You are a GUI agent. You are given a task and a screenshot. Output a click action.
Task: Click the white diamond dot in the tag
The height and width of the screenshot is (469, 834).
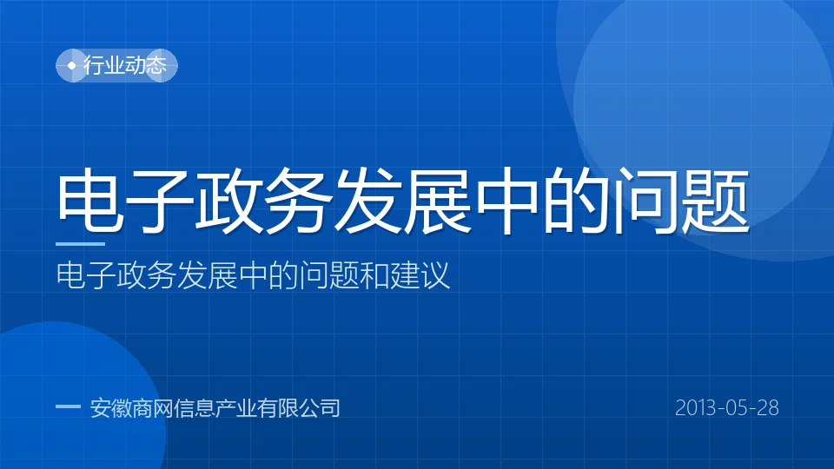pos(72,65)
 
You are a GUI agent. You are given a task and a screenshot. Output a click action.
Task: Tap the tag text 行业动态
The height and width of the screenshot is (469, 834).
pos(125,65)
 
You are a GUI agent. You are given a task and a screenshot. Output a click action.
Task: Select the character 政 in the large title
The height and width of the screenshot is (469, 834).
pos(229,200)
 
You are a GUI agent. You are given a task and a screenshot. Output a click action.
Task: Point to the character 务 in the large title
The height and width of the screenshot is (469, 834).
pos(298,200)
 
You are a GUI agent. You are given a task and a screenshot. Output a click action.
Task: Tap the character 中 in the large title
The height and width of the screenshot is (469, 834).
pos(506,200)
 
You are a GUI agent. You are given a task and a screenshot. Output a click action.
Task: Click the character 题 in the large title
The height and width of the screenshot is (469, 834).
pos(715,200)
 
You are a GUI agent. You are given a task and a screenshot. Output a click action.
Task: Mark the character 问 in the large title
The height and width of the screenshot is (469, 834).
pos(646,200)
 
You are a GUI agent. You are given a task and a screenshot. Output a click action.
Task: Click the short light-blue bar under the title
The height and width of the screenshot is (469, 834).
pos(80,244)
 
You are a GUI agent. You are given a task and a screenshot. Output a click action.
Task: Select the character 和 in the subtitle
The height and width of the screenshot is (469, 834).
pos(374,275)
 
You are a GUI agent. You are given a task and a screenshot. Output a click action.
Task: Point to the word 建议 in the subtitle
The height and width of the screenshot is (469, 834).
pos(420,275)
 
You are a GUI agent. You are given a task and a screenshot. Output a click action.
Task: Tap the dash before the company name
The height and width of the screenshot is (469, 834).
pos(68,406)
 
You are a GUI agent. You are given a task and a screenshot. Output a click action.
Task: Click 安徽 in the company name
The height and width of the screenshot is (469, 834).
pos(110,408)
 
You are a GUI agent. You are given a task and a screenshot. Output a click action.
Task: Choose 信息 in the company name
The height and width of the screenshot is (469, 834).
pos(194,408)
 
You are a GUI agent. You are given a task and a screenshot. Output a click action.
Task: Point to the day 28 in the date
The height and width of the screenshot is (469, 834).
pos(768,408)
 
